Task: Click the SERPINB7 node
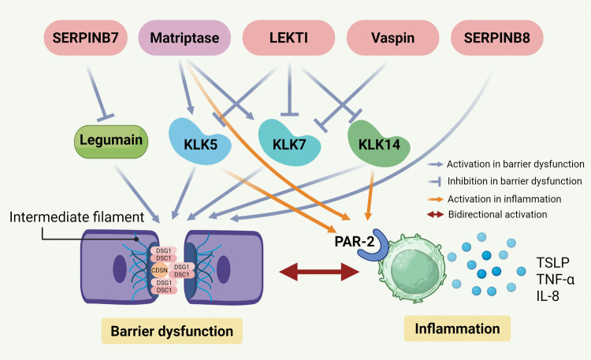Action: click(x=86, y=38)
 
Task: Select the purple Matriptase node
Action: click(x=184, y=38)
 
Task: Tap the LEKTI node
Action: click(x=288, y=38)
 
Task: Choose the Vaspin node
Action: click(x=392, y=38)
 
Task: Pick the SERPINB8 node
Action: click(x=496, y=38)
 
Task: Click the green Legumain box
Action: click(x=111, y=141)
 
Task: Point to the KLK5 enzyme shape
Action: click(x=200, y=142)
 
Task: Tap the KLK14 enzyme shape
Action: click(x=379, y=143)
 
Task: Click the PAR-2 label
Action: click(x=355, y=241)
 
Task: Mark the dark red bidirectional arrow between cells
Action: click(x=319, y=272)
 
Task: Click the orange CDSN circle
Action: click(x=159, y=270)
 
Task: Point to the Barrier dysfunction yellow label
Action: click(x=172, y=331)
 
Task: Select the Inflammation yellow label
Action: click(x=457, y=328)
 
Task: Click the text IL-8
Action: click(x=548, y=296)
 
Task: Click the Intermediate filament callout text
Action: click(x=76, y=217)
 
